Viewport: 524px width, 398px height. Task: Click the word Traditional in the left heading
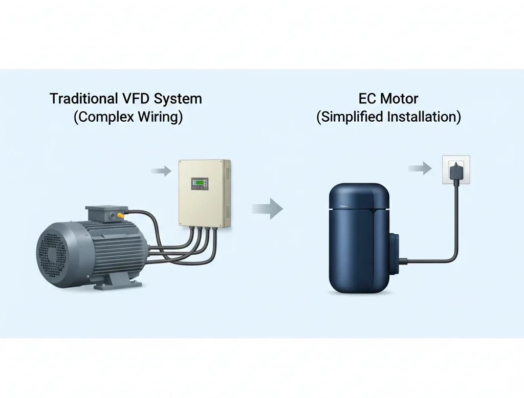click(79, 99)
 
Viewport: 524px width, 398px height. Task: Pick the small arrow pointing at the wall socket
click(420, 169)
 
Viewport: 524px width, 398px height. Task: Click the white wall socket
click(455, 169)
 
